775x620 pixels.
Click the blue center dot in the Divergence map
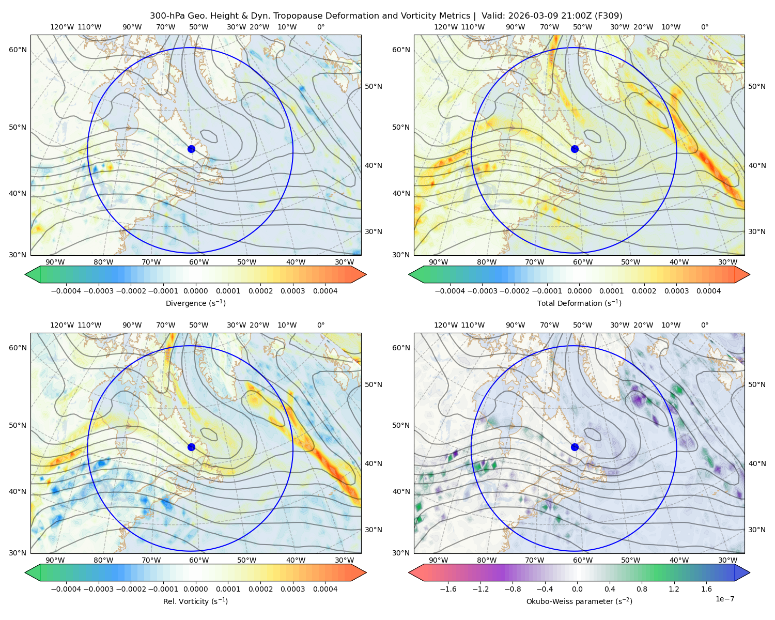191,149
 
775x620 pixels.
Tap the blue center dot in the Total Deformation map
575,149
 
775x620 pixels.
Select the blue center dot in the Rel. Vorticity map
191,447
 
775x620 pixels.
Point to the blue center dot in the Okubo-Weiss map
575,447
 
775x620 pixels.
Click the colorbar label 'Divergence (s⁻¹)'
195,303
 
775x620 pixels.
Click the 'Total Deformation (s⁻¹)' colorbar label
579,303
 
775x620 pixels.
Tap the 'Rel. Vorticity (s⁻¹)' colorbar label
195,601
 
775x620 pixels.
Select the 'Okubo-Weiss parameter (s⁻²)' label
579,601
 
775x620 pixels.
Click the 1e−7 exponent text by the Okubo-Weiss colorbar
724,599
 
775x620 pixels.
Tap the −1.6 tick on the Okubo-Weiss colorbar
448,588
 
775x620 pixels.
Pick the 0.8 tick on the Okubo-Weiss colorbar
642,588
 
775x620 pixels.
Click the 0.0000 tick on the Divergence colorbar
195,291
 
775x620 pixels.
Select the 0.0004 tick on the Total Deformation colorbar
708,291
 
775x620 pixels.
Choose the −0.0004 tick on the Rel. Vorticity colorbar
66,588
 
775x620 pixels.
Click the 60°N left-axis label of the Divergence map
18,50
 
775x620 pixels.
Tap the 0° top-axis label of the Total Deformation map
704,27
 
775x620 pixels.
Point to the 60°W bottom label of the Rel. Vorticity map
199,560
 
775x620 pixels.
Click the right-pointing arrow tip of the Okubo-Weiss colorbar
750,572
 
